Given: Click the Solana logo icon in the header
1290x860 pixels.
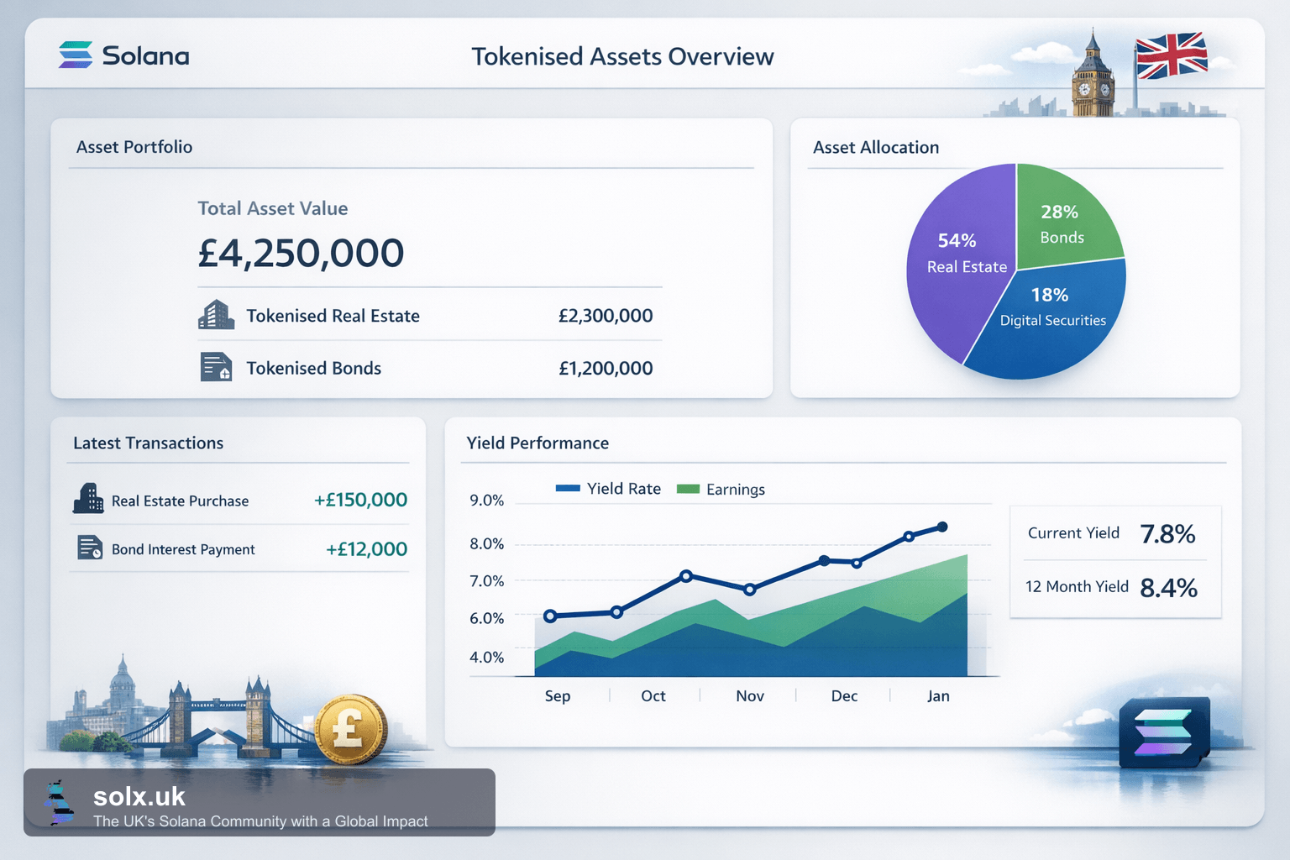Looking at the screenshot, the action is [x=76, y=55].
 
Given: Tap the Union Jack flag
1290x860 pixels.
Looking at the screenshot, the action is [x=1171, y=55].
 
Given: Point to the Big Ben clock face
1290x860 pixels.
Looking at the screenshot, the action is [x=1084, y=89].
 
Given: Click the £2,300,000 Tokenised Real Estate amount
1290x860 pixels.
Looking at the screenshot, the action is [x=606, y=316].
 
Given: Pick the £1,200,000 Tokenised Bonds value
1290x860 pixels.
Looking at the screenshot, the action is [x=606, y=368].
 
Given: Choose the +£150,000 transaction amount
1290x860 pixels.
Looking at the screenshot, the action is [x=360, y=500].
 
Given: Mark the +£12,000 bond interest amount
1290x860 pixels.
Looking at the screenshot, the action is [x=366, y=549].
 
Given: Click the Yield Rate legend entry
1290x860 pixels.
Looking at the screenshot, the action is [x=607, y=489].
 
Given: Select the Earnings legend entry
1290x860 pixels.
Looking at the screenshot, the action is [x=721, y=489].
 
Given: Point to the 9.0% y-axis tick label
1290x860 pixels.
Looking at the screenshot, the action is [x=486, y=500].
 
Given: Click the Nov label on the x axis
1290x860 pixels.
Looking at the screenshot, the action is [x=750, y=696].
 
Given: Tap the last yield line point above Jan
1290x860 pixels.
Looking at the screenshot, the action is [x=942, y=527].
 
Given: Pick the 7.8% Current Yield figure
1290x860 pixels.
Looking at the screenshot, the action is [x=1167, y=534].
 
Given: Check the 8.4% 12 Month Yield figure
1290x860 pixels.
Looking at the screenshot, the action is [x=1168, y=588].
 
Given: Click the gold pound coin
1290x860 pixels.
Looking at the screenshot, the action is [x=351, y=729].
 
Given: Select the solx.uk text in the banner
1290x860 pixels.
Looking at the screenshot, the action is [x=139, y=797].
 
